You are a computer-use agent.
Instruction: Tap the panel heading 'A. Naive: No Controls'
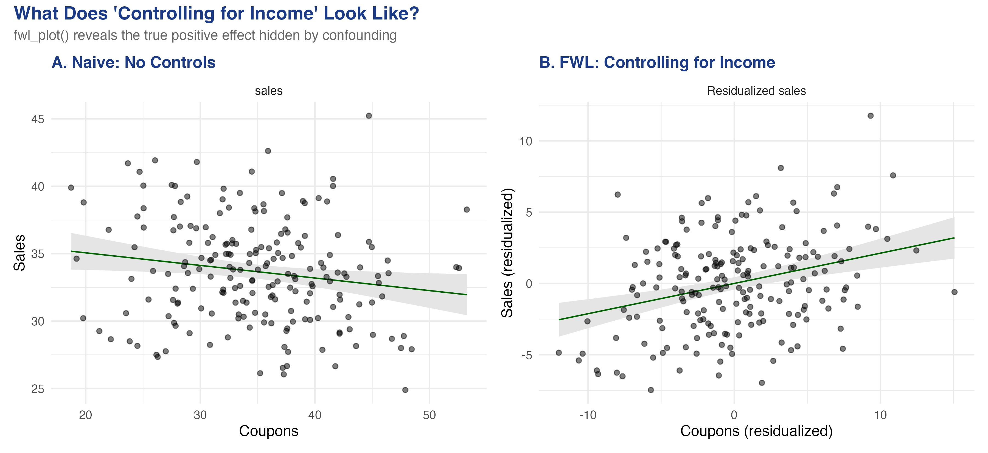click(133, 63)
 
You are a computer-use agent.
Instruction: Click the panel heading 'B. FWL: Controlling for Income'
click(657, 63)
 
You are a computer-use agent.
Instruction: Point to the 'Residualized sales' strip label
click(756, 91)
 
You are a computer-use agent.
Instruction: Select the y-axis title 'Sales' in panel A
click(19, 253)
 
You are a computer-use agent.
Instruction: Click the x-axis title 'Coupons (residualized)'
click(756, 431)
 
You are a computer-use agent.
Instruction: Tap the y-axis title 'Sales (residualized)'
click(507, 253)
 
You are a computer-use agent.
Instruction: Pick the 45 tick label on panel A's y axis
click(38, 119)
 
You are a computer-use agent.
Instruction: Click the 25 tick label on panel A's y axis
click(38, 389)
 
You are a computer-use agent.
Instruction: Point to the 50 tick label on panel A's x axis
click(429, 415)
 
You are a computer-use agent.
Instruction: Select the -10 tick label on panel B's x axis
click(588, 415)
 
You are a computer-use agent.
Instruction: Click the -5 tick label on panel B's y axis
click(527, 355)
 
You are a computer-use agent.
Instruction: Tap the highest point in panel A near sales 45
click(369, 116)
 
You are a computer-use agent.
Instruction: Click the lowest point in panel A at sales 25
click(405, 390)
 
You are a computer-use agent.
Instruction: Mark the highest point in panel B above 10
click(871, 116)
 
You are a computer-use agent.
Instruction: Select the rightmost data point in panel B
click(955, 292)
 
